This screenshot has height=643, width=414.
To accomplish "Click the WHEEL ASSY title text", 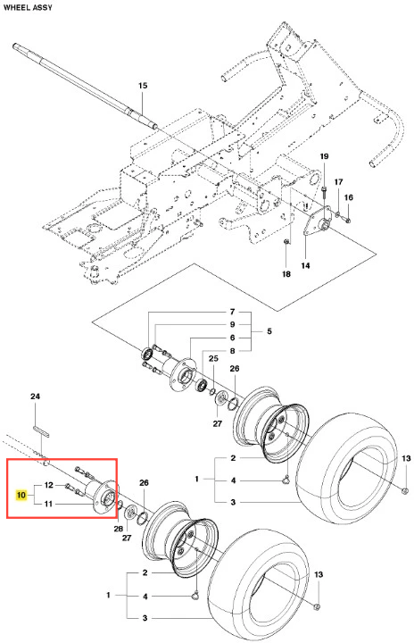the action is (x=28, y=7).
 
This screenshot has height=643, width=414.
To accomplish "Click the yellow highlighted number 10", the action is (x=21, y=495).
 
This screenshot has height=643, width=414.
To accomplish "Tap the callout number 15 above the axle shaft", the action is (x=142, y=86).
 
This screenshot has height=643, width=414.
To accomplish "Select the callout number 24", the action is (x=36, y=397).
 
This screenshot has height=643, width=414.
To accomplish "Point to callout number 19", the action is (x=324, y=156).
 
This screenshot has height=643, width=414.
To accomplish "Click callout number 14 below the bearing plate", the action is (x=305, y=265).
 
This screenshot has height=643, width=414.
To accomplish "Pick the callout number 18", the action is (x=286, y=273).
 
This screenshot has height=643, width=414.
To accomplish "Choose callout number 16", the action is (x=348, y=197).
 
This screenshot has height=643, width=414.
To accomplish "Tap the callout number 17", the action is (x=338, y=181).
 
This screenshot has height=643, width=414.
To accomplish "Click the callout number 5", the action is (x=269, y=331).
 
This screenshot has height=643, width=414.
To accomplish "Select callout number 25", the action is (x=213, y=358).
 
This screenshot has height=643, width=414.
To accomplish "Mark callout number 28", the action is (x=119, y=529).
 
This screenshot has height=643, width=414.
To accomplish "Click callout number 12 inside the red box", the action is (x=49, y=485).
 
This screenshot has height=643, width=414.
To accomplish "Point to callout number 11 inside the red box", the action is (x=48, y=503).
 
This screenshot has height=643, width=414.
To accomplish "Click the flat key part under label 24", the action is (x=41, y=431).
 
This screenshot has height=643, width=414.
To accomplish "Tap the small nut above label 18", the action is (x=286, y=241).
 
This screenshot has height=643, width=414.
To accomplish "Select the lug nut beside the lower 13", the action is (x=318, y=606).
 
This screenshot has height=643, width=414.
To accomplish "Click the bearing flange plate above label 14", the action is (x=318, y=221).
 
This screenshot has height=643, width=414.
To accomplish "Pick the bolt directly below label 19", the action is (x=324, y=192).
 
